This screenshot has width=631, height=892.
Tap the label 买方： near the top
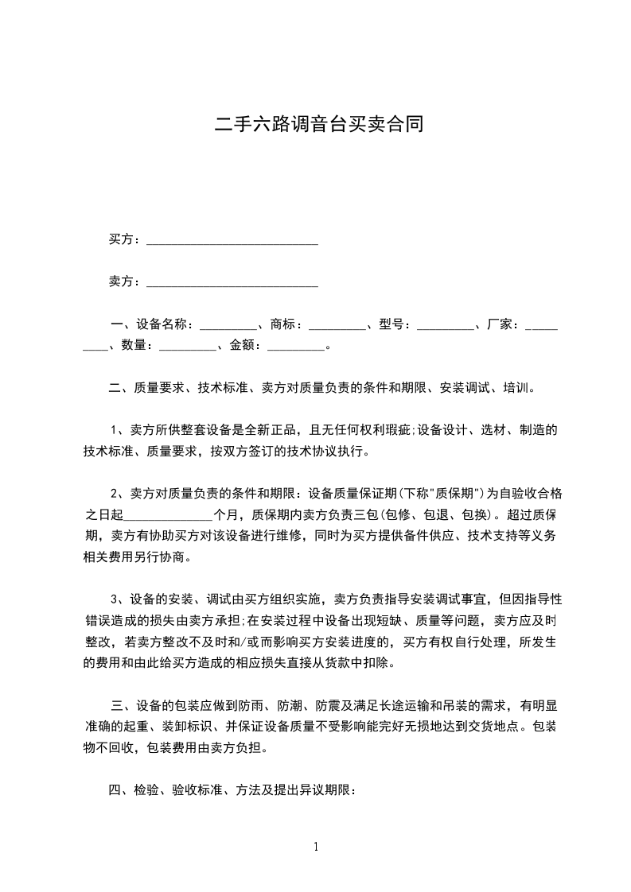click(126, 239)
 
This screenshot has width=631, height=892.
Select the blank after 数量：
click(187, 346)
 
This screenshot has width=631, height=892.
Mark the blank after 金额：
click(296, 346)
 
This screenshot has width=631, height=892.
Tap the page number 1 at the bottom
click(316, 847)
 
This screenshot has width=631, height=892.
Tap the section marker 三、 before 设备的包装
click(122, 705)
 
